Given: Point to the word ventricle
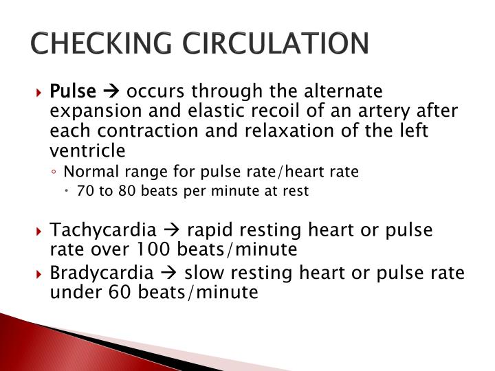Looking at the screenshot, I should [x=87, y=150].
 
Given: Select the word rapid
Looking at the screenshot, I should [x=209, y=229].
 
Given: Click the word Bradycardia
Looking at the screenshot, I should [x=101, y=273].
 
